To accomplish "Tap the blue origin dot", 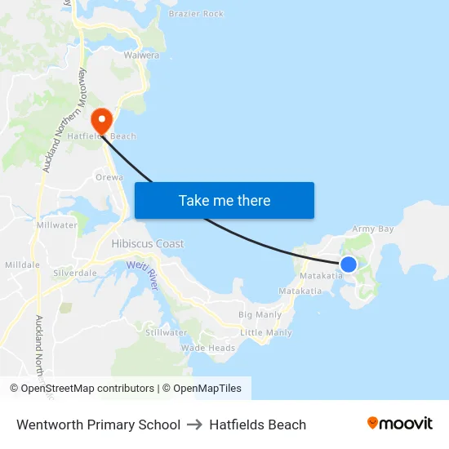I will pos(349,264).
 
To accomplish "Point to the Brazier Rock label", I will pos(196,14).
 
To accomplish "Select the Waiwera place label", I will pos(141,56).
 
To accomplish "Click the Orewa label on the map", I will pos(109,177).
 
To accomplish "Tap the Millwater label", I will pos(57,224).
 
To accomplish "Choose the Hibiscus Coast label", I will pos(148,244).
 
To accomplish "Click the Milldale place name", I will pos(22,265).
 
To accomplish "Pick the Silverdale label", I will pos(75,273).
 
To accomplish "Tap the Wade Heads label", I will pos(208,348).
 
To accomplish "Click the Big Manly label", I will pos(260,314).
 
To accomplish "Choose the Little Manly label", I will pos(266,333).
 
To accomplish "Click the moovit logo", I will pos(400,424).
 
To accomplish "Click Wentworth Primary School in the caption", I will pos(98,425).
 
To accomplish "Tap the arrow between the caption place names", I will pos(194,425).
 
